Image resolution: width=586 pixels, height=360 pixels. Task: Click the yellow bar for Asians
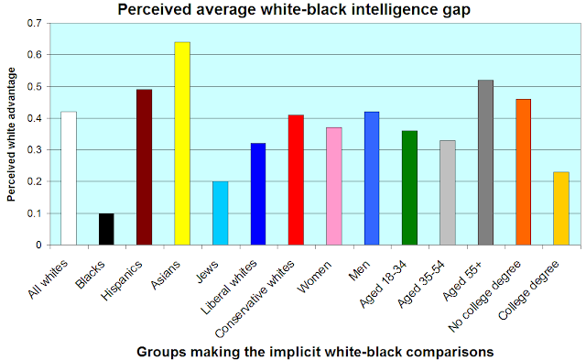182,144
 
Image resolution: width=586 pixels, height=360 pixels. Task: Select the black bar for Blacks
106,229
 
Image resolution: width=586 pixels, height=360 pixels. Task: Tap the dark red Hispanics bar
145,167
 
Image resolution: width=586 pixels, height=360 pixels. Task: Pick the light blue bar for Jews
221,213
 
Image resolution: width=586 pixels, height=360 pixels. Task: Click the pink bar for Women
334,186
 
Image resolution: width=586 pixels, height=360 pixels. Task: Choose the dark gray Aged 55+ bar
486,163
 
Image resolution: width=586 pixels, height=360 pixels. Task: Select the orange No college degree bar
524,172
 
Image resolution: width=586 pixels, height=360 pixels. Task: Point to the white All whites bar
69,179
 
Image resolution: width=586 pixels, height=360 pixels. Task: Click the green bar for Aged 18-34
410,188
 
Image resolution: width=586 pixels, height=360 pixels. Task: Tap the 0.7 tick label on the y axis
35,23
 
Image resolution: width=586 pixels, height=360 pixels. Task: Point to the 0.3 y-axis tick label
35,150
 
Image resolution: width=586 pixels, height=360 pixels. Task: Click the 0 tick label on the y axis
38,245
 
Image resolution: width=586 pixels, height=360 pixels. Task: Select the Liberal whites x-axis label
229,287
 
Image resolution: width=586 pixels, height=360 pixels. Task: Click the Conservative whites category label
255,299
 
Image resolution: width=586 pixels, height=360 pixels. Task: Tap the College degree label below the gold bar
529,290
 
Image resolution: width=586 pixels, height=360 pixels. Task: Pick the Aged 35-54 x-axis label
421,284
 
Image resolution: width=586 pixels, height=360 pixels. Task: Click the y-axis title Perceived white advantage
11,135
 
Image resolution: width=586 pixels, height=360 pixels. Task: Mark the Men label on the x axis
360,270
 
